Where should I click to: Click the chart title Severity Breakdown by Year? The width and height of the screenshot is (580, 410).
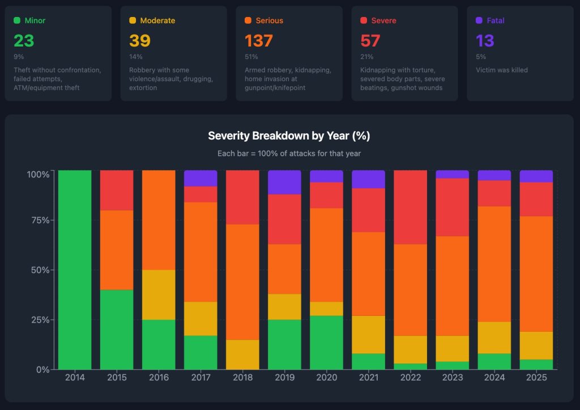(x=289, y=136)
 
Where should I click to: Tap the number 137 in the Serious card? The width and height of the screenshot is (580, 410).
(x=259, y=41)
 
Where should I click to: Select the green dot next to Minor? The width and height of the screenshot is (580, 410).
(x=17, y=20)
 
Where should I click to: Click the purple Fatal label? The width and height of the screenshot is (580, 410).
(x=496, y=20)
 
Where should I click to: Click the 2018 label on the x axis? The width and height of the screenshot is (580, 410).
(x=242, y=378)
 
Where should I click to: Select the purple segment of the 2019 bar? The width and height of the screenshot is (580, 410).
(x=284, y=182)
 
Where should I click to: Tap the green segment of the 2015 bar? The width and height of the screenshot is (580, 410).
(x=117, y=329)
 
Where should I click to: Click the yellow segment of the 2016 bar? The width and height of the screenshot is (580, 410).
(x=159, y=295)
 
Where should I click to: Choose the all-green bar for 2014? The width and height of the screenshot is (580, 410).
(x=75, y=269)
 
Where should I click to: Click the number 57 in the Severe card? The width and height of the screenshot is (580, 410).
(x=370, y=41)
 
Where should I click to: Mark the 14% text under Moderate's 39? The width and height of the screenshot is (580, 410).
(x=136, y=57)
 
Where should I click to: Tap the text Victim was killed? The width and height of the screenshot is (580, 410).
(x=502, y=70)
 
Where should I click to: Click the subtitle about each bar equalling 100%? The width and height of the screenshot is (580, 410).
(x=289, y=154)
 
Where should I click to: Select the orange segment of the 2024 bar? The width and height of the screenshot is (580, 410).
(x=494, y=264)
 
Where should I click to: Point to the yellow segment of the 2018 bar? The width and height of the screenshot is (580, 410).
(x=242, y=354)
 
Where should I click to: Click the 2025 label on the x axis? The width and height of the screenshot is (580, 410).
(x=536, y=378)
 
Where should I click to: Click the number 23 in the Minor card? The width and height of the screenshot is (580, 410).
(x=24, y=41)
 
